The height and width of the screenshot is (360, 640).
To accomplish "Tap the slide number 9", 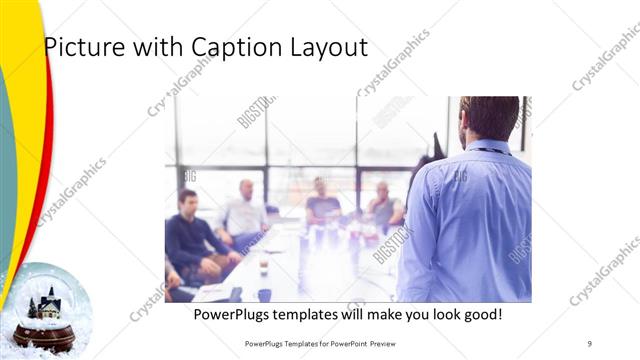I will [589, 343].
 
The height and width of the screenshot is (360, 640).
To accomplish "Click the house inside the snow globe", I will [46, 303].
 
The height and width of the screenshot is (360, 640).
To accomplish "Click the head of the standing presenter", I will [489, 118].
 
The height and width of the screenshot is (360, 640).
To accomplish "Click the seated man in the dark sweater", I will [190, 235].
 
